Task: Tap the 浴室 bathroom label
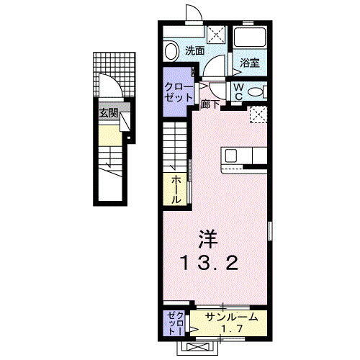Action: (x=251, y=63)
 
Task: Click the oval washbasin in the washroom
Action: (x=171, y=51)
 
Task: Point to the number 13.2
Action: (x=209, y=264)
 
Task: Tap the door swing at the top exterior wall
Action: (x=193, y=12)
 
